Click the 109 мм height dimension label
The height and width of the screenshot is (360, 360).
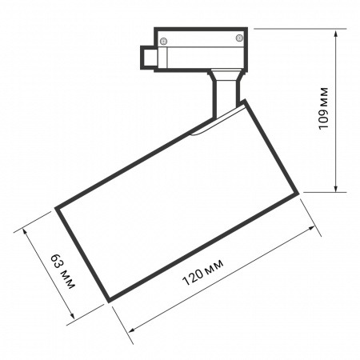[x=325, y=109]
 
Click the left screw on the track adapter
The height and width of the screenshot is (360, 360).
[x=164, y=41]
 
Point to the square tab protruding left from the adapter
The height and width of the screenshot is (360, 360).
[x=149, y=58]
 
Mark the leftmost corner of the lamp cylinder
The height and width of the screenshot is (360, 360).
[x=55, y=208]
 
